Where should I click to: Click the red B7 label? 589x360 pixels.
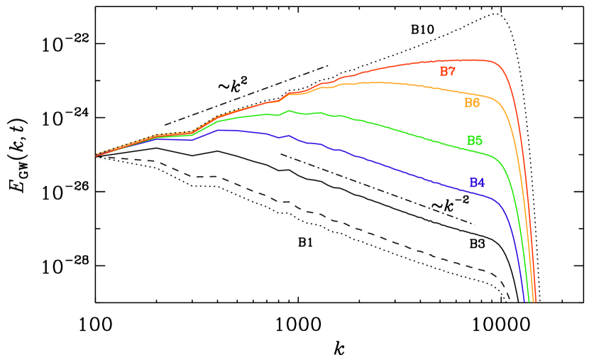point(447,72)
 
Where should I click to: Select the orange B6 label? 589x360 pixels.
point(472,103)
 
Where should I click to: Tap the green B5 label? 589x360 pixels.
point(474,141)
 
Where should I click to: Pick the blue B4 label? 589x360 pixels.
point(477,183)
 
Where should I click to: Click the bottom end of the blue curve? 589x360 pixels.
point(524,302)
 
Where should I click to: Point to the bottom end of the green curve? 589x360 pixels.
point(529,302)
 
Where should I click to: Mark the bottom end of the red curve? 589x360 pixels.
point(535,302)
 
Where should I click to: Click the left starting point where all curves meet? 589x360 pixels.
point(97,155)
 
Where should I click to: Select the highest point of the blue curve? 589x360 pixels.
point(224,130)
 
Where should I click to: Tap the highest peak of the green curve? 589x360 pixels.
point(290,111)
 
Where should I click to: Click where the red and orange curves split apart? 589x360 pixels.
point(312,89)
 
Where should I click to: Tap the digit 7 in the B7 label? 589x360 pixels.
point(451,72)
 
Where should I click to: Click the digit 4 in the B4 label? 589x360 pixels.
point(481,183)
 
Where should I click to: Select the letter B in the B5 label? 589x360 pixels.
point(470,141)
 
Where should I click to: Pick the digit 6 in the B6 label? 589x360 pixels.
point(476,103)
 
